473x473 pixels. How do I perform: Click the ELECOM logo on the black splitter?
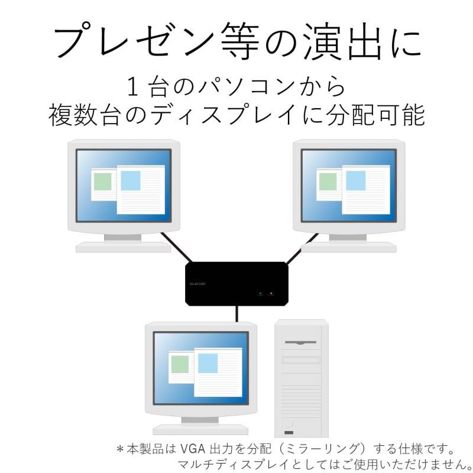(197, 284)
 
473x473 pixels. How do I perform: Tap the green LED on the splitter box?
(260, 293)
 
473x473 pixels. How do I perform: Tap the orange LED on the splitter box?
(271, 293)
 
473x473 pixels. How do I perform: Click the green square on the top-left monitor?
(102, 182)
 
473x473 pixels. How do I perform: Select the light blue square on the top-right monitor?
(356, 181)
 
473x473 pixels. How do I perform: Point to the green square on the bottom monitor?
(180, 364)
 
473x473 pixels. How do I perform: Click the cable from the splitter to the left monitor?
(176, 247)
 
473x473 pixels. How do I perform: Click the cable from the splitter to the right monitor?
(302, 248)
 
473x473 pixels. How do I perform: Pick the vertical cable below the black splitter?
(237, 314)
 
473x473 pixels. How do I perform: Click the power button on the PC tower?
(289, 424)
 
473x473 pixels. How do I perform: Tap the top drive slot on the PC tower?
(300, 342)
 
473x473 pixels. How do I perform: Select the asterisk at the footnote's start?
(121, 449)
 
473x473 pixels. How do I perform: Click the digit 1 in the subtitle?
(133, 86)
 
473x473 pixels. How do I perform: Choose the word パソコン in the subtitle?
(247, 86)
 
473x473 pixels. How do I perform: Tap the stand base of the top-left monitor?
(123, 247)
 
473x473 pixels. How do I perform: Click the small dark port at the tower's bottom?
(289, 433)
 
